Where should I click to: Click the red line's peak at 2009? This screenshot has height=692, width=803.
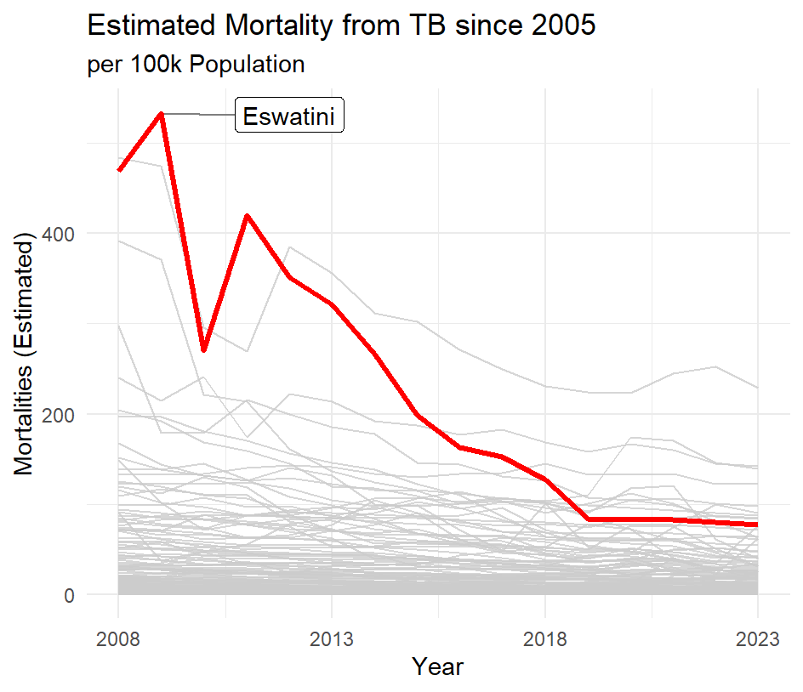[x=161, y=113]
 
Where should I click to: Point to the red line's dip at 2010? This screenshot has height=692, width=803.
[x=203, y=350]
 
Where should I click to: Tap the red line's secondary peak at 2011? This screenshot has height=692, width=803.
[x=247, y=215]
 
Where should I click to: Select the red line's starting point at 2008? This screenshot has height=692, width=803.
[x=119, y=170]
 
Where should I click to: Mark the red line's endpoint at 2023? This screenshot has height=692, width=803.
[x=757, y=525]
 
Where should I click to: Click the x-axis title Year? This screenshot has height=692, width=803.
[x=437, y=666]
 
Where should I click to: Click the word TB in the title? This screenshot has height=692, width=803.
[x=436, y=26]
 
